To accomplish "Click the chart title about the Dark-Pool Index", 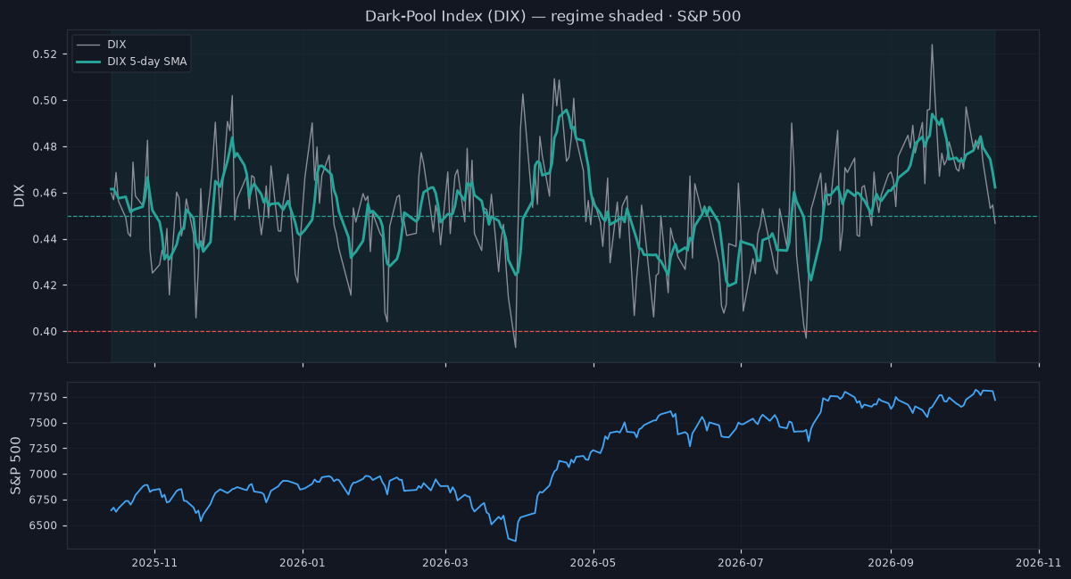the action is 552,16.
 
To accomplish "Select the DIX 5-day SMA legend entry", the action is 131,62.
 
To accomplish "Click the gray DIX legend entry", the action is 102,45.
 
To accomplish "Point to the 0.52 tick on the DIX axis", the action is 45,54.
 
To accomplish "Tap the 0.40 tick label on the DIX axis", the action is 45,331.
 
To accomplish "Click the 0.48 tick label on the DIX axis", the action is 45,147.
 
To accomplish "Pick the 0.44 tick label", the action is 45,239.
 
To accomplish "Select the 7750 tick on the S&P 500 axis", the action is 43,397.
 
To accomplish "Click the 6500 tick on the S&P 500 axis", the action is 43,525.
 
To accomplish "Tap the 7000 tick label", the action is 43,475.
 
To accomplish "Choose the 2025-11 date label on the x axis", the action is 154,563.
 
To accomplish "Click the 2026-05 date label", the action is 594,563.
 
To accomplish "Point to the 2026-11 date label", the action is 1039,563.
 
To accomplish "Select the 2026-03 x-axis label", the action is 445,563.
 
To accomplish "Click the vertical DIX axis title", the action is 19,195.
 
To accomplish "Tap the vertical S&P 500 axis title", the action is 16,466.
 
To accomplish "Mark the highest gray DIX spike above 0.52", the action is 932,45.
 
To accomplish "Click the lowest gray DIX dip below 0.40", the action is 516,347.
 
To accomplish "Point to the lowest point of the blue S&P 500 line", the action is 516,542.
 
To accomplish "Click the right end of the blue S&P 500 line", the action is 995,401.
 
